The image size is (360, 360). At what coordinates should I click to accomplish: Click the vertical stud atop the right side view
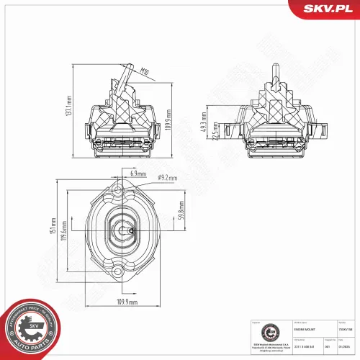[275, 73]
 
